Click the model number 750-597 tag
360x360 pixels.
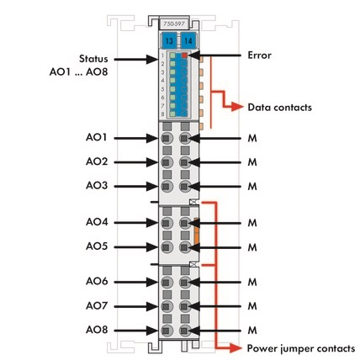click(174, 24)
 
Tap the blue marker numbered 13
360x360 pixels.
click(169, 41)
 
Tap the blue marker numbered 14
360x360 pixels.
click(188, 41)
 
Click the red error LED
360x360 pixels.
click(184, 56)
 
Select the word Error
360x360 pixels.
click(259, 56)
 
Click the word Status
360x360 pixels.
click(93, 59)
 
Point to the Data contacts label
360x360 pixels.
click(279, 108)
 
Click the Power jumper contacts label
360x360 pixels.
click(301, 348)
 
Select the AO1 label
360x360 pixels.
click(97, 137)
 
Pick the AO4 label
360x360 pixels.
click(97, 222)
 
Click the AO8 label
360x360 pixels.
click(97, 330)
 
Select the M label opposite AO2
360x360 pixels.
click(252, 162)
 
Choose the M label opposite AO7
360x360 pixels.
click(252, 306)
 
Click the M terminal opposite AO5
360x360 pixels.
click(184, 247)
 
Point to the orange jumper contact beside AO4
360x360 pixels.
click(196, 230)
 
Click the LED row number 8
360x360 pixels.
click(162, 114)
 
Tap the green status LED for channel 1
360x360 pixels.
click(172, 56)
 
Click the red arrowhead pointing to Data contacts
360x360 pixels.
click(237, 107)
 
